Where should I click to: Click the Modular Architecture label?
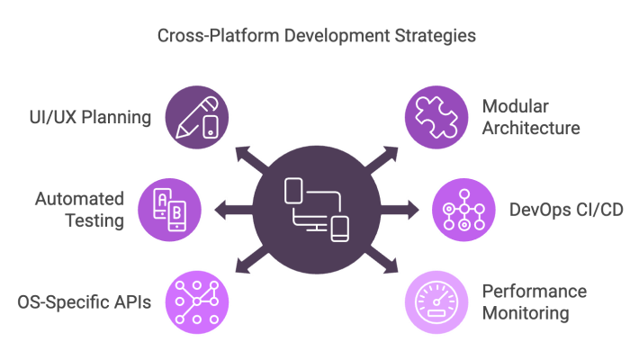530,117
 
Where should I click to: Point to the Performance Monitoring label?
534,301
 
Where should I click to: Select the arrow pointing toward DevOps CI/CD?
401,209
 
